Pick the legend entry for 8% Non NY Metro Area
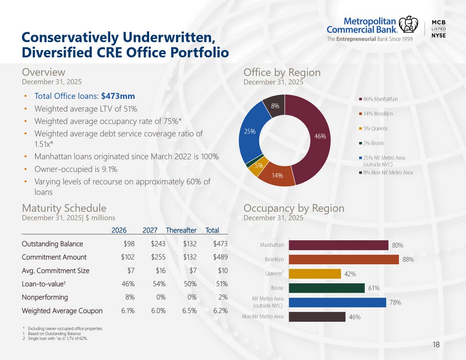[386, 172]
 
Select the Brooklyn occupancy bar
[344, 260]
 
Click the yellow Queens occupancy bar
[315, 274]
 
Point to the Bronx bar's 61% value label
[374, 288]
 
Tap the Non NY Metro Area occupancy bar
[317, 317]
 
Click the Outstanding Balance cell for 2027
[158, 244]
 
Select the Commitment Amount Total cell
[220, 257]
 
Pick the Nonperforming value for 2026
[130, 297]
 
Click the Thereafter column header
[181, 230]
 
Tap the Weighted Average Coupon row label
[62, 311]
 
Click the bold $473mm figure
[118, 96]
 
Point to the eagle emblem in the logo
[408, 25]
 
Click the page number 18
[436, 345]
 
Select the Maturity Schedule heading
[64, 208]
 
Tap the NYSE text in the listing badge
[438, 35]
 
